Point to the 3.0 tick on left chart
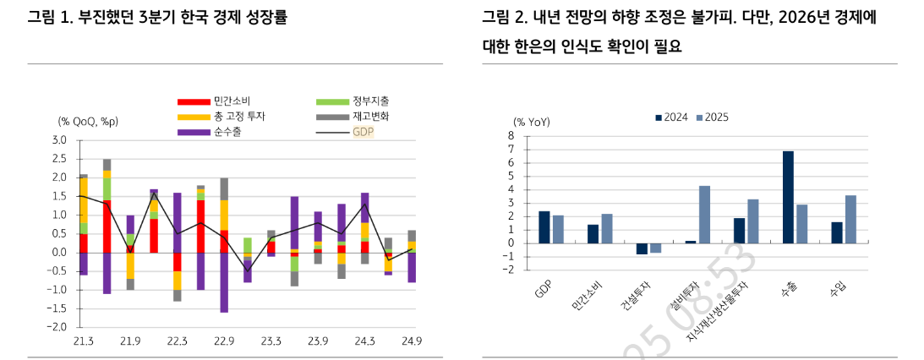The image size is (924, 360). (x=59, y=140)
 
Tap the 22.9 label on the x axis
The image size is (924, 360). (x=223, y=341)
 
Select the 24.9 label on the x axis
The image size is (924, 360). (x=411, y=341)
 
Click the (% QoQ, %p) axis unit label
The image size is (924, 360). (x=88, y=122)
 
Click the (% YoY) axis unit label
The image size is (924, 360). (x=532, y=122)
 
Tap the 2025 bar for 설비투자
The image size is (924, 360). (x=704, y=215)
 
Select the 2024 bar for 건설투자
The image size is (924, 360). (x=641, y=248)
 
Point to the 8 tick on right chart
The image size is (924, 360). (x=511, y=135)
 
